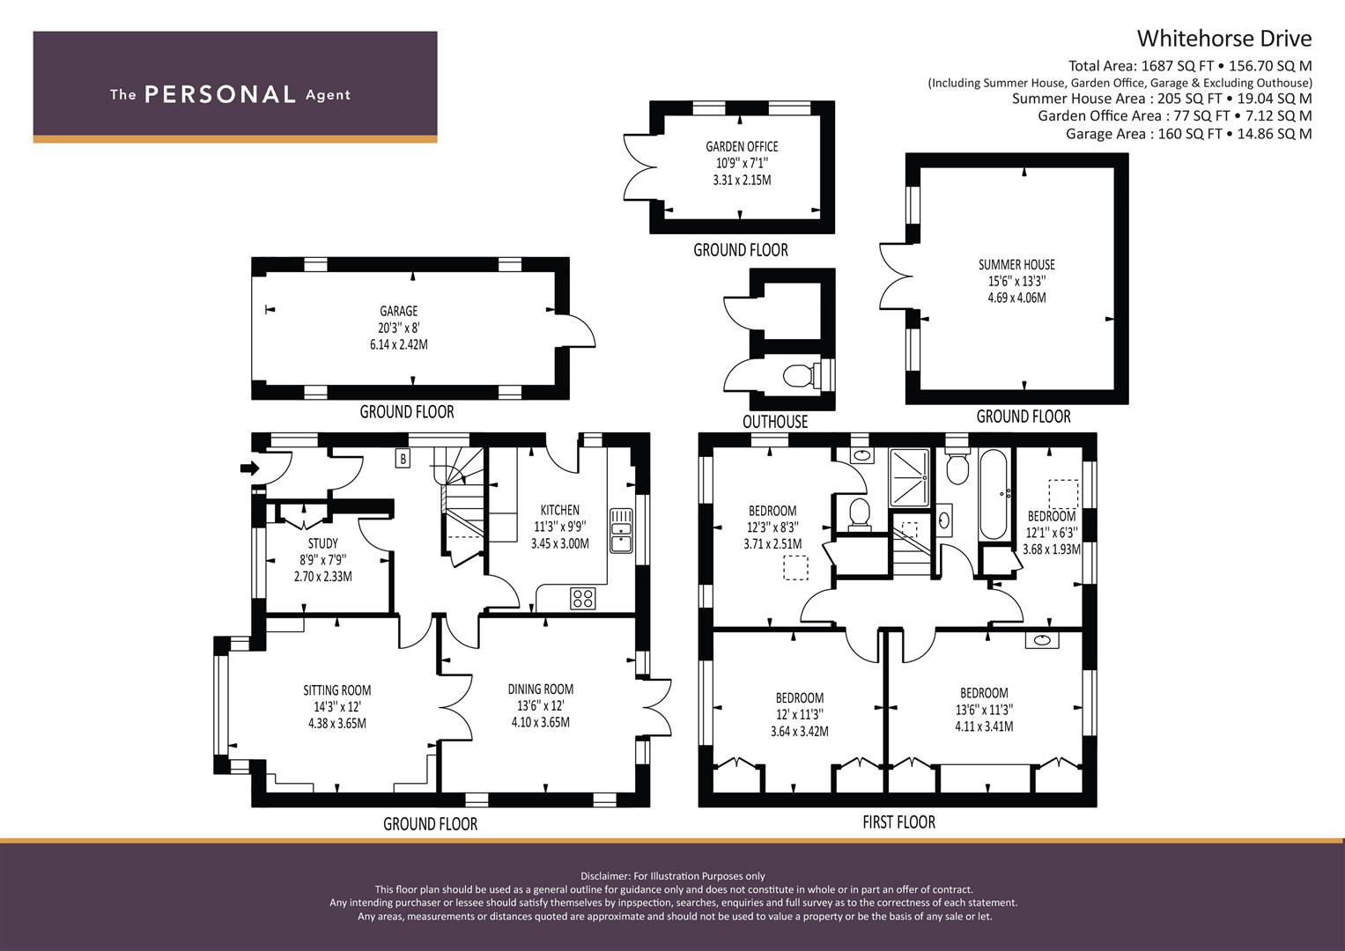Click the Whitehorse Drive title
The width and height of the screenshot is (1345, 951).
pyautogui.click(x=1223, y=39)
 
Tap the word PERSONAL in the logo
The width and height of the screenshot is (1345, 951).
pyautogui.click(x=220, y=94)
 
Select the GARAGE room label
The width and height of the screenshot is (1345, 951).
pyautogui.click(x=399, y=311)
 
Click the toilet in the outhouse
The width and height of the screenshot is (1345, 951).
pyautogui.click(x=798, y=375)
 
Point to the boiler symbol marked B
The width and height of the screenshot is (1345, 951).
pyautogui.click(x=403, y=460)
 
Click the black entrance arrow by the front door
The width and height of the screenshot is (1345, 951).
pyautogui.click(x=249, y=468)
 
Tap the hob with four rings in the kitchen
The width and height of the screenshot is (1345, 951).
pyautogui.click(x=583, y=598)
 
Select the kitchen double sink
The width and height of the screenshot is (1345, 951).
pyautogui.click(x=622, y=530)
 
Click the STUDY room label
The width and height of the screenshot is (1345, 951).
pyautogui.click(x=323, y=543)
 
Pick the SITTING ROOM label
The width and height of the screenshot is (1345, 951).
pyautogui.click(x=336, y=690)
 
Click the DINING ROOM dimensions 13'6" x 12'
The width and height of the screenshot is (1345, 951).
pyautogui.click(x=541, y=705)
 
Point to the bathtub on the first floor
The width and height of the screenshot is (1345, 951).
pyautogui.click(x=994, y=494)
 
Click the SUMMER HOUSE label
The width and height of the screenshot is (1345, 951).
pyautogui.click(x=1016, y=265)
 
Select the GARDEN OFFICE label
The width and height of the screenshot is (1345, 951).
pyautogui.click(x=742, y=146)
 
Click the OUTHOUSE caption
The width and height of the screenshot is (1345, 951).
pyautogui.click(x=775, y=422)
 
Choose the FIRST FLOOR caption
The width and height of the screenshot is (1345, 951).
pyautogui.click(x=898, y=822)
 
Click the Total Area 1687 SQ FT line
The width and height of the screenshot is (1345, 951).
pyautogui.click(x=1190, y=66)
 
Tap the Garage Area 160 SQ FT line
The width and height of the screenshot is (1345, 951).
pyautogui.click(x=1189, y=133)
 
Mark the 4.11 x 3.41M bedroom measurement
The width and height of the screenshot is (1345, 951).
pyautogui.click(x=984, y=726)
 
